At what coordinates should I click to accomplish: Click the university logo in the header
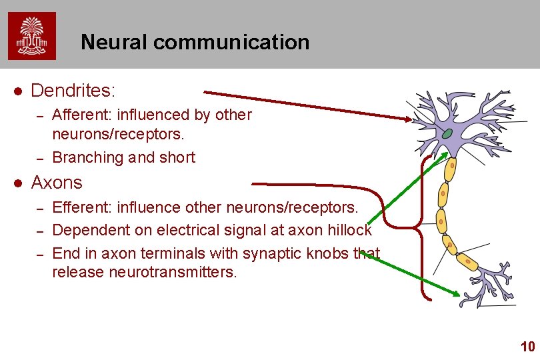coord(32,36)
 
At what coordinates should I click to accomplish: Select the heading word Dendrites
coord(73,89)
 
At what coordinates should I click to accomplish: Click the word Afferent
coord(78,115)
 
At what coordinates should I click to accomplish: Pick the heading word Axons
coord(57,183)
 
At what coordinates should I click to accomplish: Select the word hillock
coord(349,231)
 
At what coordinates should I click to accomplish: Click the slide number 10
coord(527,347)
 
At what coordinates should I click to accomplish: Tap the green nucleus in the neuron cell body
coord(447,134)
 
